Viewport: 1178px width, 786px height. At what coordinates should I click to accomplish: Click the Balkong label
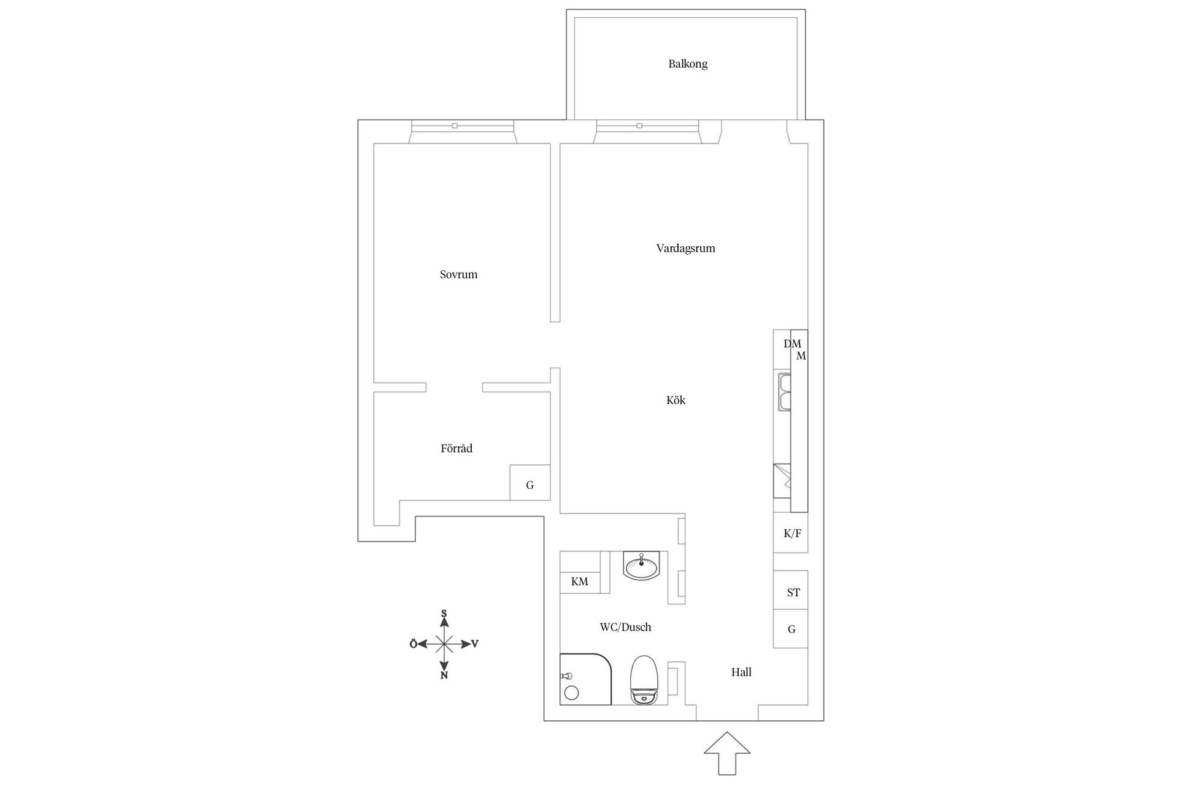(688, 64)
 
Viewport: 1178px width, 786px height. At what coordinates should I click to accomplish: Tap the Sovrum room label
(458, 274)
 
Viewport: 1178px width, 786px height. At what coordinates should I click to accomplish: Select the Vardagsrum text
(685, 248)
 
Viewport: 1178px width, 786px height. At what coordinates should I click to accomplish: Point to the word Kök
(676, 400)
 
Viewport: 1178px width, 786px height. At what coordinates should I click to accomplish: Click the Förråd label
(456, 449)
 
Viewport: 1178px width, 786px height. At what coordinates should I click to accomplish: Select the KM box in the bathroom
(580, 581)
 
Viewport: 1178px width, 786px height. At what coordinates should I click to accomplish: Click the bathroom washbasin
(641, 566)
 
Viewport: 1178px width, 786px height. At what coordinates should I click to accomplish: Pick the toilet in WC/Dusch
(644, 680)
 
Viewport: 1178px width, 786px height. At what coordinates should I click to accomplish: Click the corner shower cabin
(585, 679)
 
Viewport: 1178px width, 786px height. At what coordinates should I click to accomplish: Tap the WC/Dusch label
(625, 627)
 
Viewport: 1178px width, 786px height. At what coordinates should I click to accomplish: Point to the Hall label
(741, 672)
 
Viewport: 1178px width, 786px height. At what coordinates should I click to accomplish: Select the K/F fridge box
(791, 533)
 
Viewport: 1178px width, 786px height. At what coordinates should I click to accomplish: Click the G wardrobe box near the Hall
(791, 629)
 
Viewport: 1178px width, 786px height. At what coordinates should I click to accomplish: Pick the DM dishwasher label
(790, 344)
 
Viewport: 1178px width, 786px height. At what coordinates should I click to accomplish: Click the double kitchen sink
(784, 392)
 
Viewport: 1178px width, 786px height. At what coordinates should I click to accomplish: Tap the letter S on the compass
(444, 613)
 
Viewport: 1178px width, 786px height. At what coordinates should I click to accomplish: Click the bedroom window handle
(455, 126)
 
